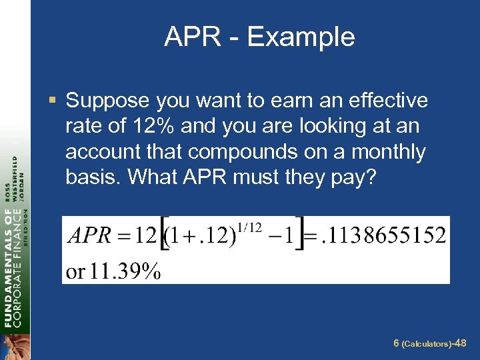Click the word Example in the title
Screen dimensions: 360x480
302,37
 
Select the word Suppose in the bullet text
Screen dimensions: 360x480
107,101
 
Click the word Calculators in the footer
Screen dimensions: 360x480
425,344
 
